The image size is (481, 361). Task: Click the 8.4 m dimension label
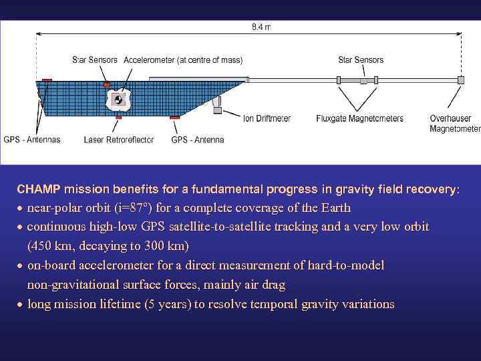(261, 27)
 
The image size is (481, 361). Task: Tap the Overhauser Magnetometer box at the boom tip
(460, 80)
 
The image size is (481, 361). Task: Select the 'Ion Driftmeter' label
(267, 119)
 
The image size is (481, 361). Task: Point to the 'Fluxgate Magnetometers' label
(359, 119)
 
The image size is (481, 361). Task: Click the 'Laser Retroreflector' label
(119, 140)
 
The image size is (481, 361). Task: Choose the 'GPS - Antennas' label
(32, 140)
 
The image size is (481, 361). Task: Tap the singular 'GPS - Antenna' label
(198, 140)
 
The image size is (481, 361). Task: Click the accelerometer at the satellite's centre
(119, 100)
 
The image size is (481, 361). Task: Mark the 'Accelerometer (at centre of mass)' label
(183, 60)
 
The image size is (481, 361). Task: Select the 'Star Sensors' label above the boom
(361, 60)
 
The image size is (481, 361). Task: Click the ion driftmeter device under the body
(217, 107)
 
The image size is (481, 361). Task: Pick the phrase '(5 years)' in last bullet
(166, 304)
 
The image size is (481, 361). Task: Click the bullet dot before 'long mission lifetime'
(21, 305)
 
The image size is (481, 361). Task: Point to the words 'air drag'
(263, 285)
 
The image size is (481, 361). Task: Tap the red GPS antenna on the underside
(174, 118)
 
